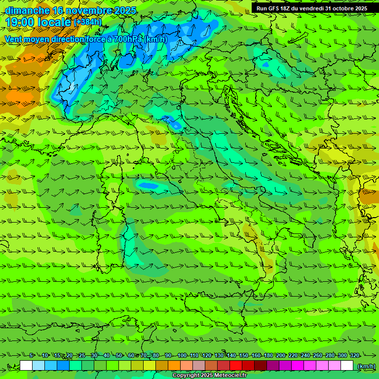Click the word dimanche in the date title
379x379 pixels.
pyautogui.click(x=27, y=10)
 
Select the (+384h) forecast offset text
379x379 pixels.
pyautogui.click(x=87, y=22)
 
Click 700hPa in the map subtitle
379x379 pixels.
pyautogui.click(x=128, y=39)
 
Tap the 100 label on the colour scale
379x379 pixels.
pyautogui.click(x=182, y=355)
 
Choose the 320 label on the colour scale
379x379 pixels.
pyautogui.click(x=354, y=355)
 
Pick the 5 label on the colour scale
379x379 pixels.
pyautogui.click(x=31, y=355)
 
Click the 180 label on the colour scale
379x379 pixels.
pyautogui.click(x=268, y=355)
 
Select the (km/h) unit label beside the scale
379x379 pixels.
pyautogui.click(x=366, y=366)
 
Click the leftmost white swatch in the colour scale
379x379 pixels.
pyautogui.click(x=26, y=366)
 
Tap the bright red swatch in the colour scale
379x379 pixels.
pyautogui.click(x=236, y=366)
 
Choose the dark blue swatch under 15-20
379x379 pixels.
pyautogui.click(x=63, y=366)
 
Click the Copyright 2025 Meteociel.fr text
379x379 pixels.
pyautogui.click(x=209, y=376)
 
